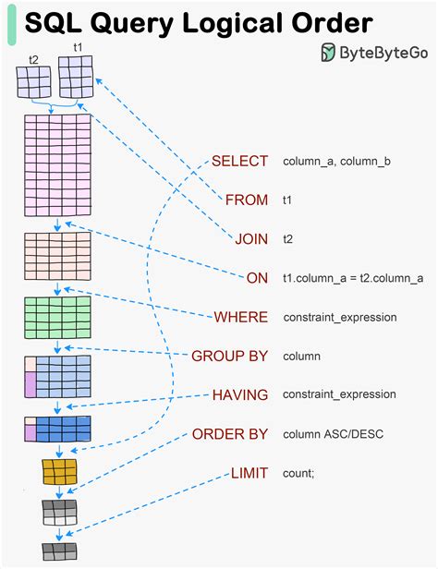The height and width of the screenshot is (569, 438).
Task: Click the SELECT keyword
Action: (239, 161)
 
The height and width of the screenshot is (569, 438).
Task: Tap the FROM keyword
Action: (246, 200)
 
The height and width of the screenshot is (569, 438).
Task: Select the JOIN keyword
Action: (250, 238)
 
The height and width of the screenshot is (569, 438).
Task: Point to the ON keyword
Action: (257, 277)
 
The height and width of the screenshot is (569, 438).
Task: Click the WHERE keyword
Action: (240, 317)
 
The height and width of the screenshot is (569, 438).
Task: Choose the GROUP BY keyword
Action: (229, 356)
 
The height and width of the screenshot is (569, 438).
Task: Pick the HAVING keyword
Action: (239, 394)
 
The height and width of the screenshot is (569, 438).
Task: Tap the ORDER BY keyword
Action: (229, 433)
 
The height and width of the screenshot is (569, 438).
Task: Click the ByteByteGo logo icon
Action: (329, 54)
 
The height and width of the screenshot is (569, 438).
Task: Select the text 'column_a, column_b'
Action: (336, 162)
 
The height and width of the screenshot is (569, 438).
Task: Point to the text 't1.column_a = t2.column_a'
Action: (353, 278)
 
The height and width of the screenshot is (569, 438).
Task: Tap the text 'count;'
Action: (298, 473)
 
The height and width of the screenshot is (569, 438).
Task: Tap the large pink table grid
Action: (57, 164)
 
